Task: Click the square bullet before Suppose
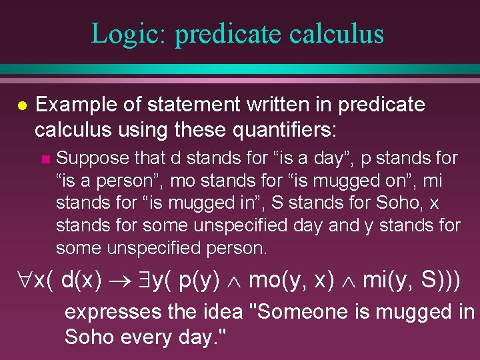tap(45, 159)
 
